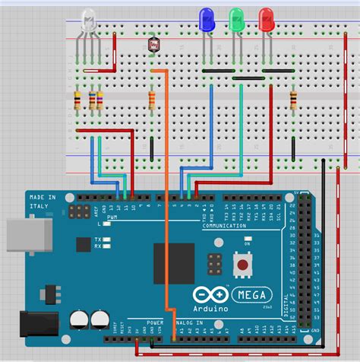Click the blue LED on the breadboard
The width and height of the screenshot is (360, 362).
click(x=205, y=19)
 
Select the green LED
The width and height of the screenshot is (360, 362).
click(x=236, y=19)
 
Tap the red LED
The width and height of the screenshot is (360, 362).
click(x=267, y=19)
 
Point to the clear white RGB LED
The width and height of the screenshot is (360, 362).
click(x=88, y=21)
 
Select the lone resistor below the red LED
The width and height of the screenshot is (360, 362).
click(x=293, y=99)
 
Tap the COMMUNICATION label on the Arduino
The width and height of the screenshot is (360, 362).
click(x=224, y=226)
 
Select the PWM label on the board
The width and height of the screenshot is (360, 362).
click(x=112, y=218)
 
